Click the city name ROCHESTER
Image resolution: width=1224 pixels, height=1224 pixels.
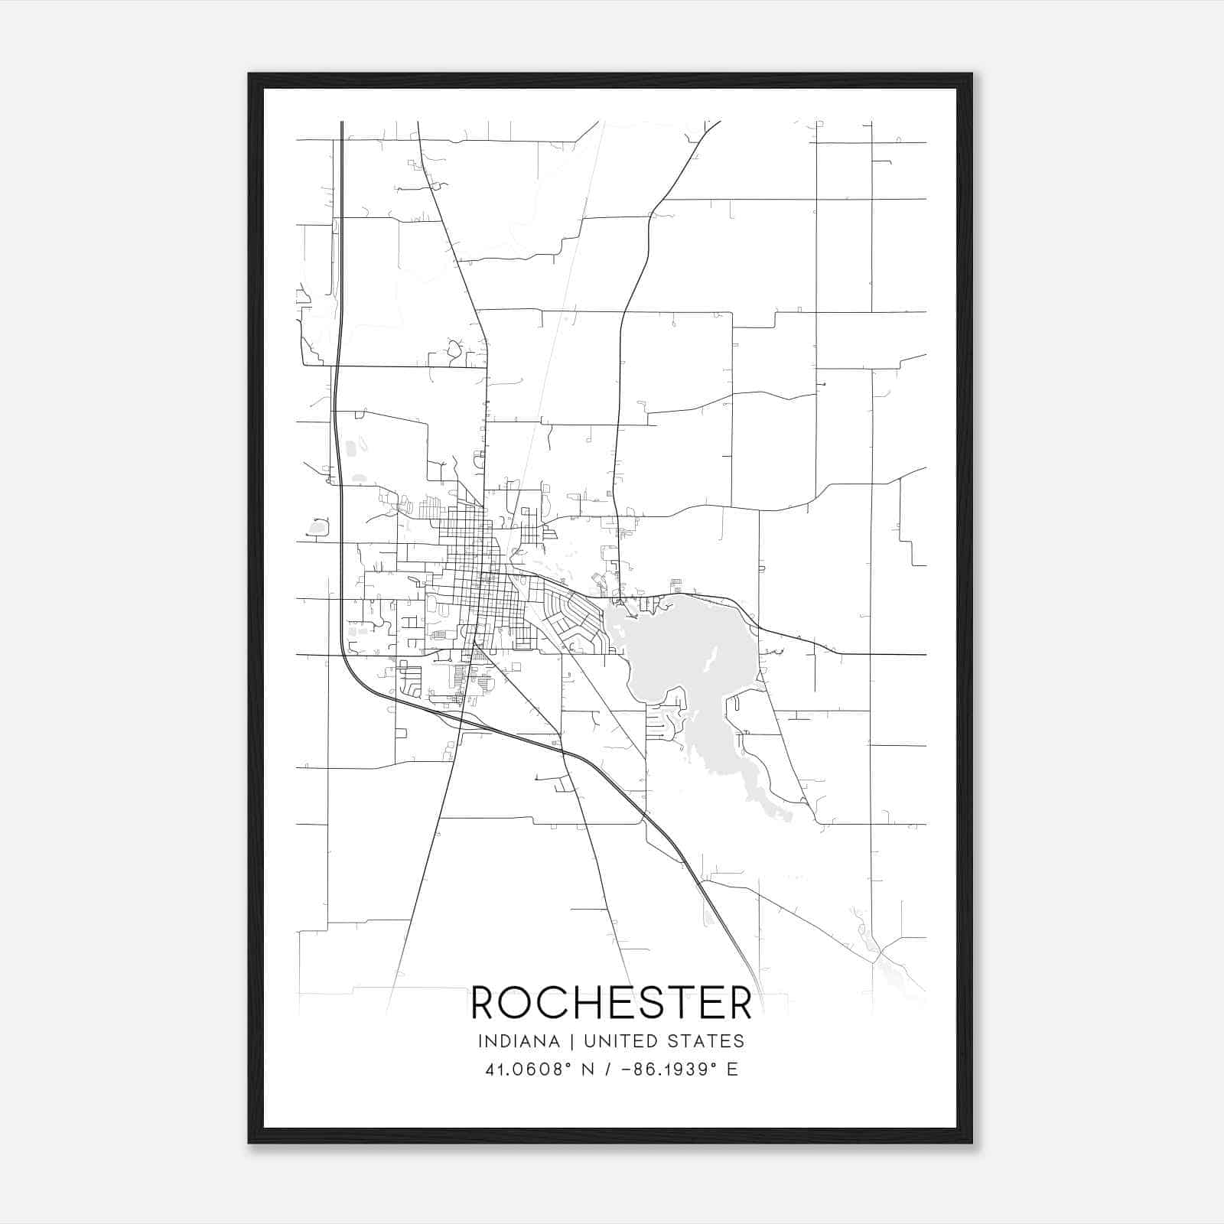(611, 1003)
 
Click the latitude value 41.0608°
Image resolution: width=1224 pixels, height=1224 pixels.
(529, 1069)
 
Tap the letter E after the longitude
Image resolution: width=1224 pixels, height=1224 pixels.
(733, 1069)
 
